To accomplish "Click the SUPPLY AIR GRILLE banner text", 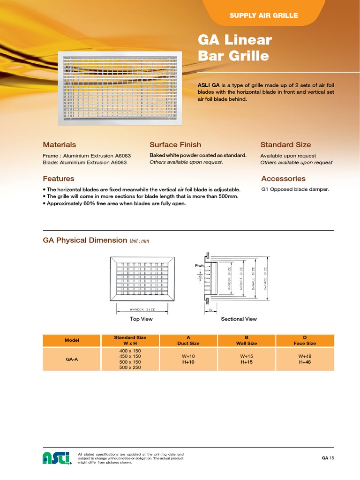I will click(x=263, y=15).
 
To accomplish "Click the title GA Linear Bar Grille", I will click(x=235, y=48).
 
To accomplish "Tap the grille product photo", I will click(x=120, y=88).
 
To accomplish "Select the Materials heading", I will click(x=59, y=145).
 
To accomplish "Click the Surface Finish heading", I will click(x=175, y=145).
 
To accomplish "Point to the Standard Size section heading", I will click(x=285, y=145).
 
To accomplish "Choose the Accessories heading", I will click(x=283, y=179).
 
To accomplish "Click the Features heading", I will click(x=59, y=179).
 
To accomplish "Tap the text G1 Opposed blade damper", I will click(x=295, y=189).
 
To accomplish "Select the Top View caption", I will click(x=141, y=319).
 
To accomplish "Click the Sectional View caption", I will click(x=239, y=319).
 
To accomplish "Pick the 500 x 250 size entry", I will click(x=130, y=367).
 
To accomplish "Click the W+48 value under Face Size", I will click(x=305, y=356).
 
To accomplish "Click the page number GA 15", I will click(x=328, y=457).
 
